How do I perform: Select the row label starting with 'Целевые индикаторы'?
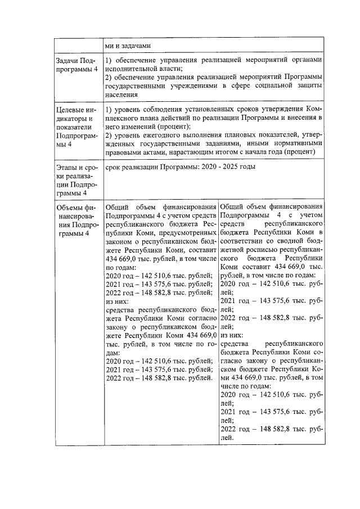pos(76,127)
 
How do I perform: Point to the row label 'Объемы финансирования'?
pos(76,220)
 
